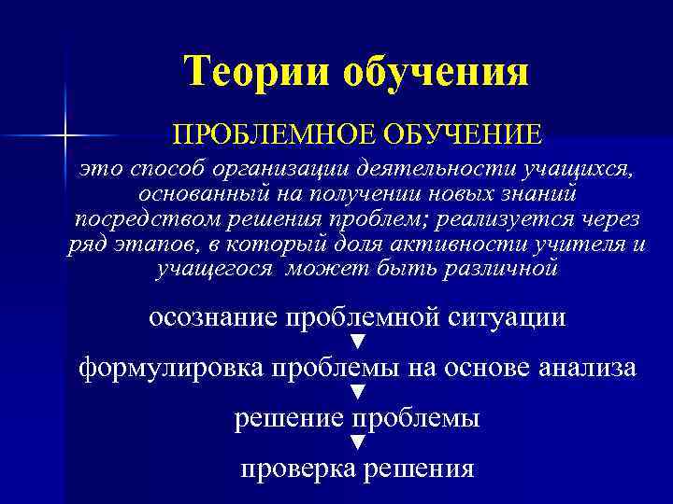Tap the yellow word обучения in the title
[x=438, y=71]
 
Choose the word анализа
[x=589, y=368]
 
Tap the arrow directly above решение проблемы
[x=355, y=393]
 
